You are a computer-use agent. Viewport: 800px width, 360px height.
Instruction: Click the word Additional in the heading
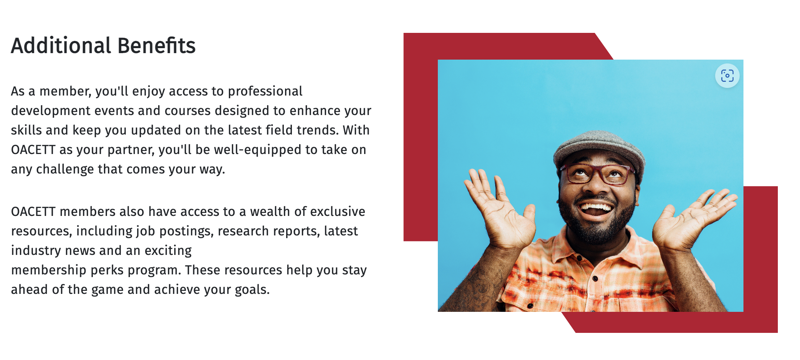[61, 45]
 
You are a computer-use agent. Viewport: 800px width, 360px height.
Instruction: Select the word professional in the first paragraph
[265, 91]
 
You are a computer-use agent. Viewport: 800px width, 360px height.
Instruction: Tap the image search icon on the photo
[727, 76]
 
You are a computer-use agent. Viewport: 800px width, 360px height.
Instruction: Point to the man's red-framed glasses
[598, 174]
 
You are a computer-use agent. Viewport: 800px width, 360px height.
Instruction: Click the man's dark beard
[596, 225]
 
